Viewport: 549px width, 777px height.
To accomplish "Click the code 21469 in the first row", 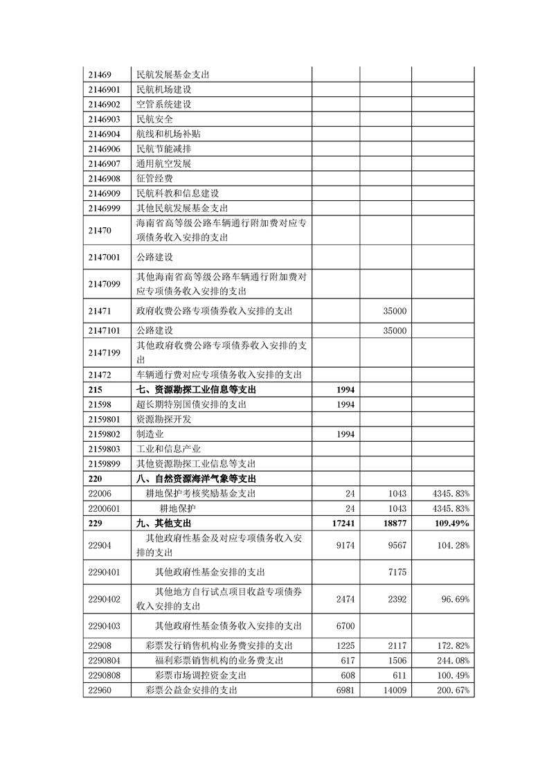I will pyautogui.click(x=100, y=74).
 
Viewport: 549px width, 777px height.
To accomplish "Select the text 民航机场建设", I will pyautogui.click(x=163, y=89).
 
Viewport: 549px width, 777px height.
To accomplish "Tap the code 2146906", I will pyautogui.click(x=105, y=149).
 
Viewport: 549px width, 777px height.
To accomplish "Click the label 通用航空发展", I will pyautogui.click(x=163, y=163).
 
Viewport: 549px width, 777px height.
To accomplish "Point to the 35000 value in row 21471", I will pyautogui.click(x=395, y=312).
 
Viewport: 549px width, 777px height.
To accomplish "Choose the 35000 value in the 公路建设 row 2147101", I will pyautogui.click(x=395, y=330).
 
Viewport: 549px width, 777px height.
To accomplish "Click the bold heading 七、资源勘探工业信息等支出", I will pyautogui.click(x=198, y=390).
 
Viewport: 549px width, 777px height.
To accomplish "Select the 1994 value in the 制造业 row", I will pyautogui.click(x=345, y=434).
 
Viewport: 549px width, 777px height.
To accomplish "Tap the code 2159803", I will pyautogui.click(x=105, y=449).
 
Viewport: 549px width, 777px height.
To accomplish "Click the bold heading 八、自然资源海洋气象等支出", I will pyautogui.click(x=198, y=479).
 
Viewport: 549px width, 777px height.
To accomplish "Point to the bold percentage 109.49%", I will pyautogui.click(x=451, y=523).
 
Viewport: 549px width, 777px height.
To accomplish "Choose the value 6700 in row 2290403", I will pyautogui.click(x=345, y=626).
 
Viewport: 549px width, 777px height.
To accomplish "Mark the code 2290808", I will pyautogui.click(x=105, y=675).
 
